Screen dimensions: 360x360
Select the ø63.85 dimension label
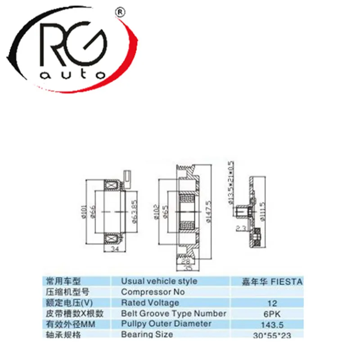coord(135,209)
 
